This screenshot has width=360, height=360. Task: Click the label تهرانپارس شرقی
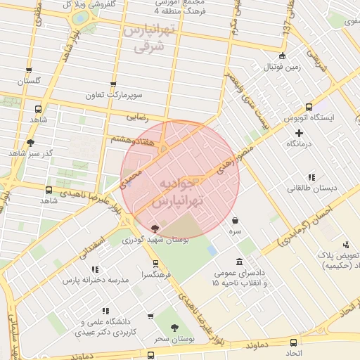147,38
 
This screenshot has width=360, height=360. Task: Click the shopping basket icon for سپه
235,220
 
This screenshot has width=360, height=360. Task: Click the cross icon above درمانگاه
299,132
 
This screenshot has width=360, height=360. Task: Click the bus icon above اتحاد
292,342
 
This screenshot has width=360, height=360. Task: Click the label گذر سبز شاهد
25,153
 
